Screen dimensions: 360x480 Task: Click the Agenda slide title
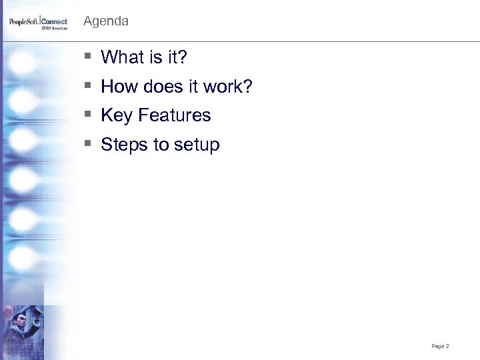[x=106, y=21]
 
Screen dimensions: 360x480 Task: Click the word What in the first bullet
[x=121, y=58]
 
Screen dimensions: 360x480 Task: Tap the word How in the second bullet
[x=119, y=87]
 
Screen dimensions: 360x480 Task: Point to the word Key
[x=117, y=116]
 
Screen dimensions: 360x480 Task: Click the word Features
[x=175, y=115]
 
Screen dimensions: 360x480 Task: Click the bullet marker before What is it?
[x=88, y=58]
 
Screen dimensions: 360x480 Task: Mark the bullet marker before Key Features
[x=88, y=116]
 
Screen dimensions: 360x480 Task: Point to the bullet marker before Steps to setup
[x=88, y=145]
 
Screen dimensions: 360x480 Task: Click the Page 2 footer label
[x=440, y=346]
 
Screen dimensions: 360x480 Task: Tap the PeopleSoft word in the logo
[x=24, y=22]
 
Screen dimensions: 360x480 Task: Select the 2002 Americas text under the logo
[x=55, y=29]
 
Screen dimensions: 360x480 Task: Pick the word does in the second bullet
[x=160, y=87]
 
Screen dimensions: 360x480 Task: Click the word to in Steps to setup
[x=162, y=145]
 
